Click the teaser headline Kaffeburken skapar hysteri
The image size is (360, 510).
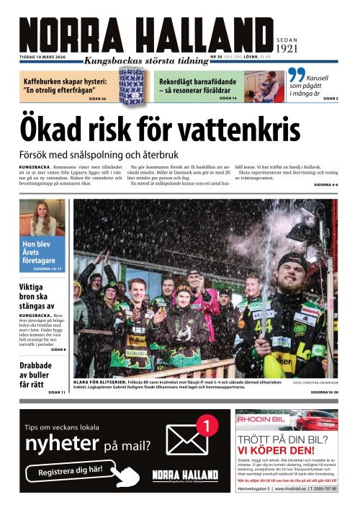65,86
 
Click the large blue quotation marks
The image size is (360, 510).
295,76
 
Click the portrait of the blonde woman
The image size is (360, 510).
42,218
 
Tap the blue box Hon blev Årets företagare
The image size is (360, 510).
42,254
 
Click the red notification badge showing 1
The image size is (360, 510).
205,426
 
